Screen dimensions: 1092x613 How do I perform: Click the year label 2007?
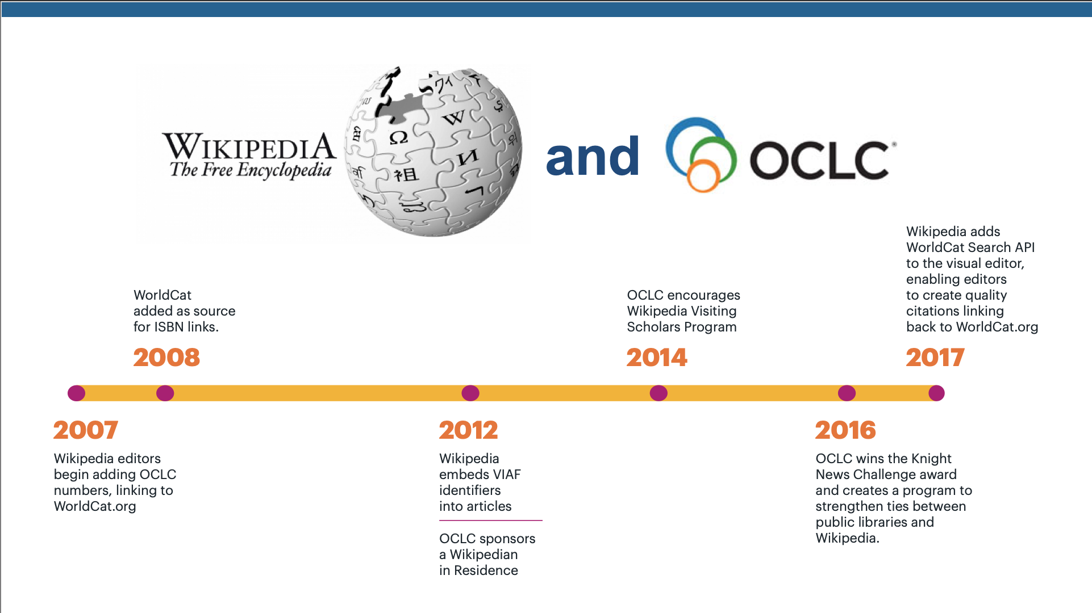pyautogui.click(x=86, y=430)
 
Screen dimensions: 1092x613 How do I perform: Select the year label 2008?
pyautogui.click(x=166, y=358)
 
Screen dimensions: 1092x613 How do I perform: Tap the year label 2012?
pyautogui.click(x=469, y=430)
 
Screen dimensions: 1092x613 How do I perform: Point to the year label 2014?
pyautogui.click(x=657, y=358)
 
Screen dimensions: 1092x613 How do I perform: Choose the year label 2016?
pyautogui.click(x=845, y=430)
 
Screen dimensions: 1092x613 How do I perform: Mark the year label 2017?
pyautogui.click(x=935, y=358)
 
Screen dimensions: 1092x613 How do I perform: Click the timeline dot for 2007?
pyautogui.click(x=77, y=393)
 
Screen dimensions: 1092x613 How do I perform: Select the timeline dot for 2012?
pyautogui.click(x=470, y=393)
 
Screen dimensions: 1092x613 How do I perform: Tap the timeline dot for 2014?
pyautogui.click(x=658, y=393)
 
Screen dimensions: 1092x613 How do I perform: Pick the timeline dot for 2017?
pyautogui.click(x=936, y=393)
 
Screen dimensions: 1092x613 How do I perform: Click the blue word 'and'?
pyautogui.click(x=593, y=156)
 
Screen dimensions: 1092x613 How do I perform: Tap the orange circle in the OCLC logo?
pyautogui.click(x=703, y=176)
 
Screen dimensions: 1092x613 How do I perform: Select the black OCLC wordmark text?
pyautogui.click(x=819, y=160)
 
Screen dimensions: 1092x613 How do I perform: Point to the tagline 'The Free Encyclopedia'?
pyautogui.click(x=251, y=170)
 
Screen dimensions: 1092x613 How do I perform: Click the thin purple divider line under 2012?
pyautogui.click(x=491, y=520)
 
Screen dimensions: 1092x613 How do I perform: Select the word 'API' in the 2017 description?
pyautogui.click(x=1025, y=247)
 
